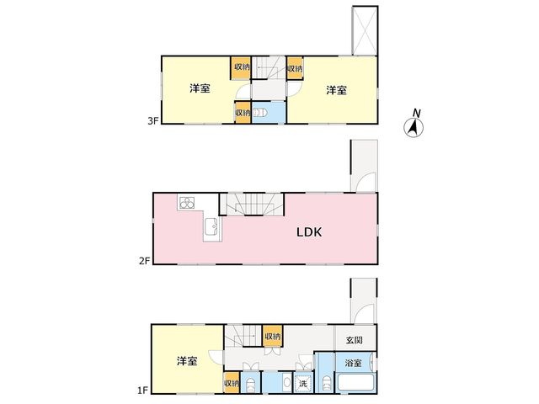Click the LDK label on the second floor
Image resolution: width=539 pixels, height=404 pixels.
tap(309, 232)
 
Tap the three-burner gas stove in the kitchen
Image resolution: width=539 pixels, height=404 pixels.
tap(187, 202)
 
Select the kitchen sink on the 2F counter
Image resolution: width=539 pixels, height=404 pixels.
tap(211, 226)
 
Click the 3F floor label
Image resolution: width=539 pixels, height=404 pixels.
tap(153, 120)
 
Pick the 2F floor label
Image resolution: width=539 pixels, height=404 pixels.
tap(145, 261)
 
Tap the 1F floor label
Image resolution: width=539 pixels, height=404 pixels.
tap(142, 391)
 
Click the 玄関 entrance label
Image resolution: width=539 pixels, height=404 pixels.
tap(355, 340)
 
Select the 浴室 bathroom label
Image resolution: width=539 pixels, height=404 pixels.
tap(354, 363)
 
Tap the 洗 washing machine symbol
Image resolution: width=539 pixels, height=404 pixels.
tap(303, 383)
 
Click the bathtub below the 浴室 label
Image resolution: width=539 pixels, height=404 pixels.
tap(355, 382)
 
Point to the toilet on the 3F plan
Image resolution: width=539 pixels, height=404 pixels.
tap(260, 113)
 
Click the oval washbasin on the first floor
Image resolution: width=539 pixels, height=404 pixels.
tap(286, 382)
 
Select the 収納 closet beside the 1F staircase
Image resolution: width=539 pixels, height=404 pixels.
tap(273, 336)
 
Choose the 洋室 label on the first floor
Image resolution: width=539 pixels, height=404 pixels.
tap(187, 361)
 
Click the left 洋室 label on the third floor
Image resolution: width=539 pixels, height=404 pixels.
tap(200, 88)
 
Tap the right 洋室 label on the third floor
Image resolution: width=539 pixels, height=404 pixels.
tap(336, 90)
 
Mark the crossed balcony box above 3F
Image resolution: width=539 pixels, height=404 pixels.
tap(365, 30)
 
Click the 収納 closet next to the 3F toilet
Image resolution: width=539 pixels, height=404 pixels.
tap(243, 112)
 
